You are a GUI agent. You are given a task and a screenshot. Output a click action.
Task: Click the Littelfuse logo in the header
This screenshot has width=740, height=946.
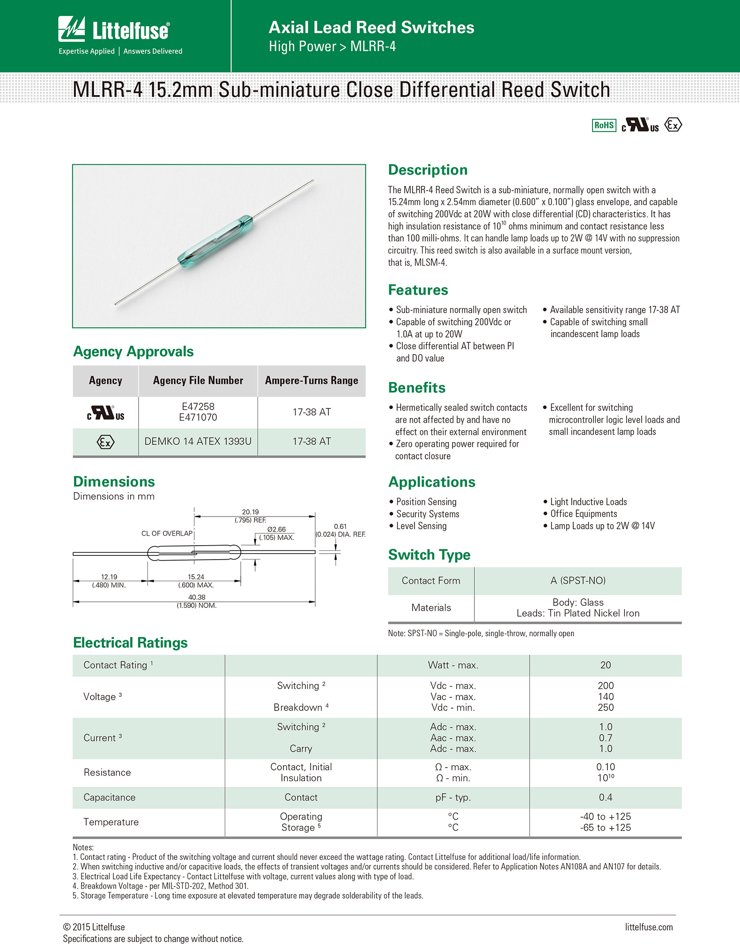coord(114,30)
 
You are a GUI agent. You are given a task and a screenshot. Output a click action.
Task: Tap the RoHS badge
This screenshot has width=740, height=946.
coord(604,125)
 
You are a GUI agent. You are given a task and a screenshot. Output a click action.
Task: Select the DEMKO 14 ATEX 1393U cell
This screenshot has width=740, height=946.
coord(198,441)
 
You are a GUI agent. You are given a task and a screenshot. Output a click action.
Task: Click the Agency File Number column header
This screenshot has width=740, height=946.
coord(198,380)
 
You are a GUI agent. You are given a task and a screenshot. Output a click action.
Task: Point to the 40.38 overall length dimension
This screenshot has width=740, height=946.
coord(197,597)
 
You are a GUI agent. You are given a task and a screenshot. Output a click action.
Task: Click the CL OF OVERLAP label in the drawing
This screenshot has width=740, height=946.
coord(167,533)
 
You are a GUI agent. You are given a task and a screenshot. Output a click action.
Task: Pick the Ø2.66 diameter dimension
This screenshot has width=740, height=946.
coord(276,529)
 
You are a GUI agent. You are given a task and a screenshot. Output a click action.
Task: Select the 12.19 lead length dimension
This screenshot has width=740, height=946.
coord(109,577)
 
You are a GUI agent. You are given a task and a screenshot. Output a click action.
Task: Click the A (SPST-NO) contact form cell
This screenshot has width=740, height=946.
coord(578,581)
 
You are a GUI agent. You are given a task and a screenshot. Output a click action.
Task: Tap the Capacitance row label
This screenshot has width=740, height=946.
coord(110,797)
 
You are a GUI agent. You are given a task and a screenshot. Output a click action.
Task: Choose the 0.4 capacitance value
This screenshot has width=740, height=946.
coord(606,797)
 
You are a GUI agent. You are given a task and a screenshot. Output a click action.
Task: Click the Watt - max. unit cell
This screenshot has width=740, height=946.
coord(453,665)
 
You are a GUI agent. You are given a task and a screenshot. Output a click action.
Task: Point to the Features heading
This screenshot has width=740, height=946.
coord(418,290)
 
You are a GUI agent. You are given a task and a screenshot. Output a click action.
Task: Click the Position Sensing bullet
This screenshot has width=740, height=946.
coord(426,502)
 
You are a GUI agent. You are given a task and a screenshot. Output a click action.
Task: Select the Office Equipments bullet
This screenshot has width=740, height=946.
coord(584,514)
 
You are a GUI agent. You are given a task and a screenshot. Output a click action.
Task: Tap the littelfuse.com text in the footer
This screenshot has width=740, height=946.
coord(649,927)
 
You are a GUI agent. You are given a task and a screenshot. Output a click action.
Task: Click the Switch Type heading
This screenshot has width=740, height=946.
coord(429,554)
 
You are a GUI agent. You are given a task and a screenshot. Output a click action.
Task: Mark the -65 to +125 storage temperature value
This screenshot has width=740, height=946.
coord(606,828)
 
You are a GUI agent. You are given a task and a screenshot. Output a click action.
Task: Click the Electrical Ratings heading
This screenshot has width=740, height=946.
coord(130,643)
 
